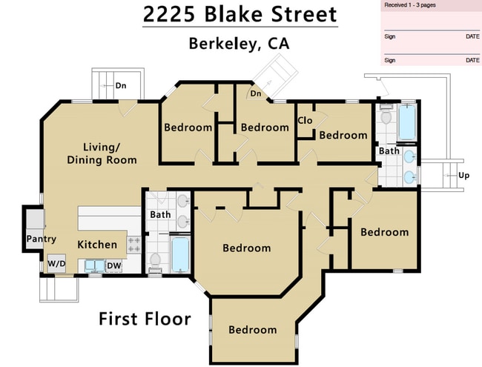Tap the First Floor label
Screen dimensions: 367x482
tap(145, 320)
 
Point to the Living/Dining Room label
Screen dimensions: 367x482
tap(102, 153)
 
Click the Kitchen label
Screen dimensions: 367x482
tap(97, 245)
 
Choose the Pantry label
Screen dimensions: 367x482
tap(41, 239)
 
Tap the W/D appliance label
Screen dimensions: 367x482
tap(56, 263)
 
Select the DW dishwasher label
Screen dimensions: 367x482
tap(113, 265)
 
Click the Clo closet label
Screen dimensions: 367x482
tap(304, 120)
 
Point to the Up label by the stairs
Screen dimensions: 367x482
tap(464, 176)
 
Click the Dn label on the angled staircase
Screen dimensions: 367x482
tap(255, 93)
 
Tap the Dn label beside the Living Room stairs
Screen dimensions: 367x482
tap(120, 86)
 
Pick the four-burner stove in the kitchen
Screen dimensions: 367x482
tap(134, 245)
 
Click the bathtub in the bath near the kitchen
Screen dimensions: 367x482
tap(180, 254)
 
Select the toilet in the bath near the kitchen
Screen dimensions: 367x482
tap(156, 259)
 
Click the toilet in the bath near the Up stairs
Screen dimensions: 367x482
tap(385, 117)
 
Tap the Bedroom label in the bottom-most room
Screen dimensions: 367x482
tap(252, 330)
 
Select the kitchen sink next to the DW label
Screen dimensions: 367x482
tap(93, 265)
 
